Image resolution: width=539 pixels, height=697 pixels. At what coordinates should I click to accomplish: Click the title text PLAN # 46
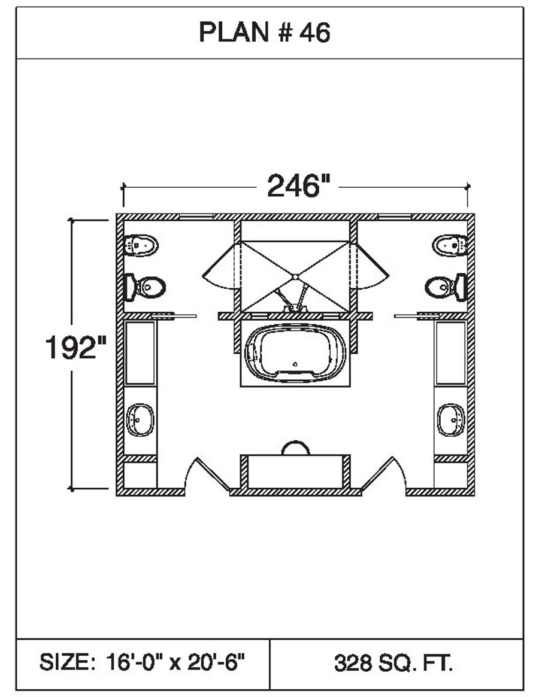[264, 32]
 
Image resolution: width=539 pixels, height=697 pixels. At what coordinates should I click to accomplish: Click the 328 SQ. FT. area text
[393, 663]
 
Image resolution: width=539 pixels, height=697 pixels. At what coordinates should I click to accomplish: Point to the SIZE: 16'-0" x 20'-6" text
[142, 662]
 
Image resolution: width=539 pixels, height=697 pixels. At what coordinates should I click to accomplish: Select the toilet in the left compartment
[145, 287]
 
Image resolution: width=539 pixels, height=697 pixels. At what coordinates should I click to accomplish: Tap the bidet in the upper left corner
[141, 245]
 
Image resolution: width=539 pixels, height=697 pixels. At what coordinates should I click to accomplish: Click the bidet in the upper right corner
[450, 245]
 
